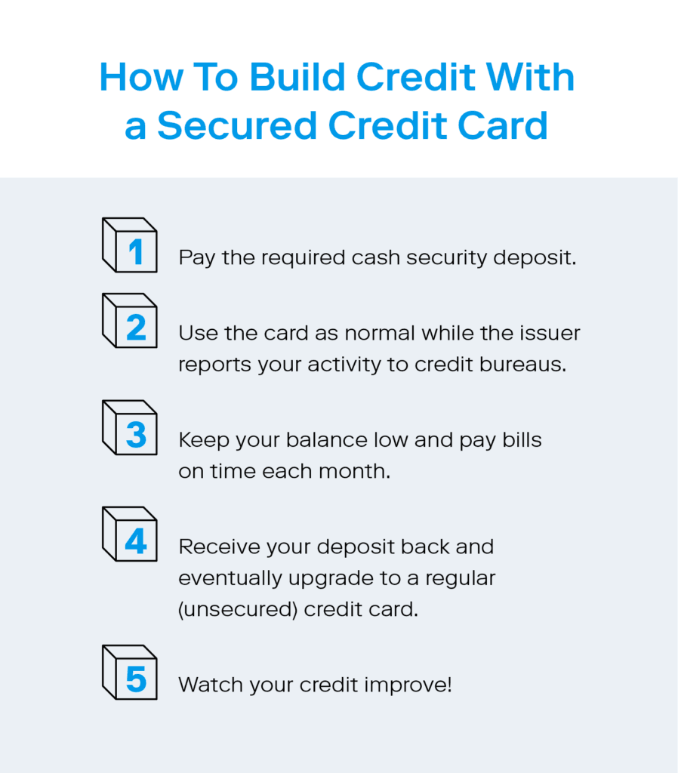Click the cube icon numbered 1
[x=130, y=245]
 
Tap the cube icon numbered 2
[x=130, y=320]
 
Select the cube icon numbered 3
[x=130, y=427]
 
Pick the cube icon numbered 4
[x=130, y=534]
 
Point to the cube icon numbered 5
[x=130, y=673]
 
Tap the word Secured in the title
[x=236, y=125]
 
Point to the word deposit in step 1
[x=535, y=258]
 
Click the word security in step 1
[x=447, y=258]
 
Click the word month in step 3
[x=355, y=471]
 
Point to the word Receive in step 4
[x=220, y=547]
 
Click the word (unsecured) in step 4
[x=238, y=610]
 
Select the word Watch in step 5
[x=211, y=685]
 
